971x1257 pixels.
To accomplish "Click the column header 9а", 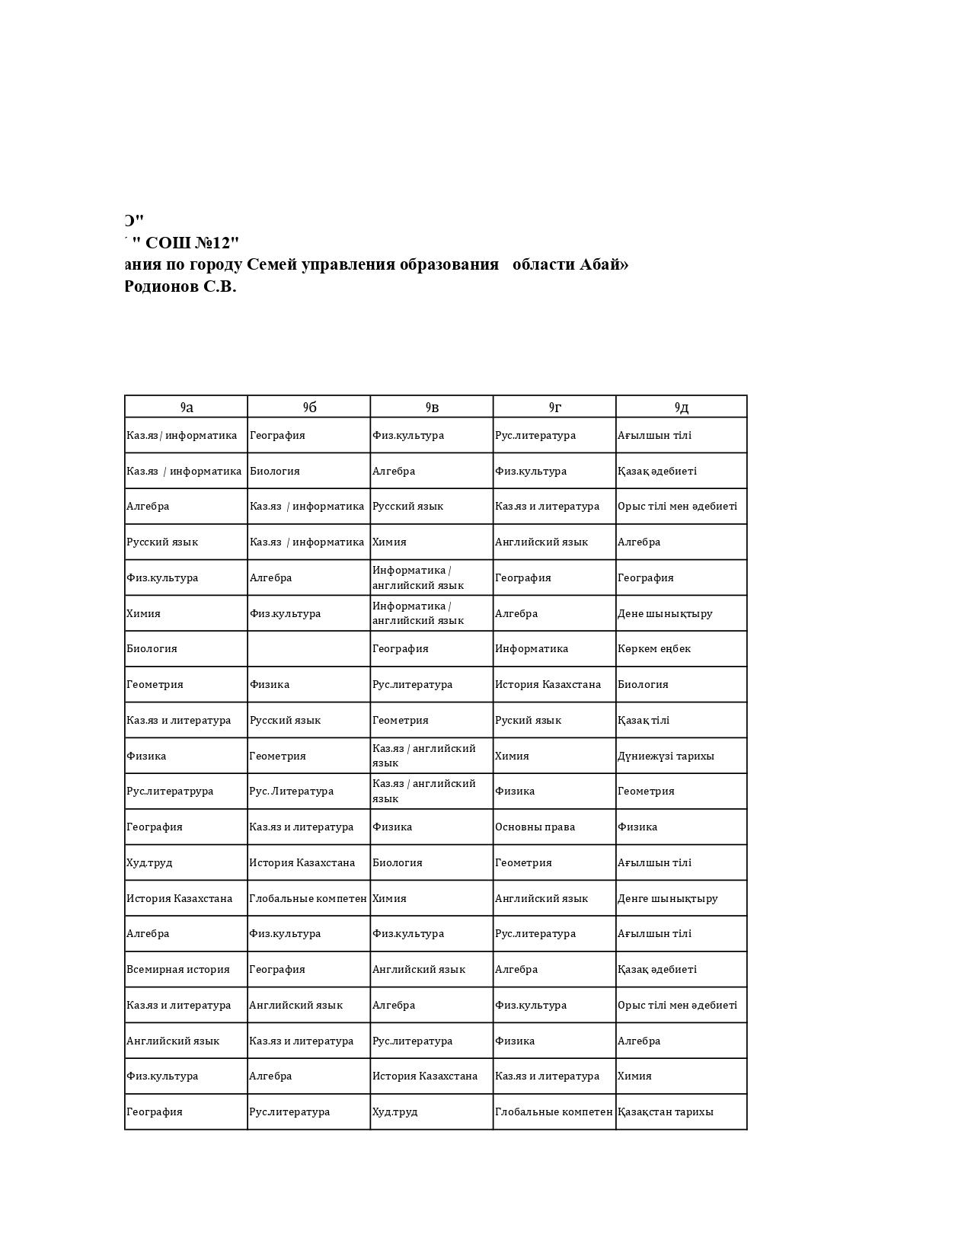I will point(187,407).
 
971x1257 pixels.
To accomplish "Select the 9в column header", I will point(432,407).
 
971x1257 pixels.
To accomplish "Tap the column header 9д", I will point(681,407).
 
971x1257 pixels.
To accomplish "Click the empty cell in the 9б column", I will point(308,648).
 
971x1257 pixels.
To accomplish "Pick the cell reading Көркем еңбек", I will point(654,648).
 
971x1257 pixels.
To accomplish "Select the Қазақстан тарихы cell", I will point(666,1111).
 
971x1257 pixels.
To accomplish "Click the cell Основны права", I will point(535,827).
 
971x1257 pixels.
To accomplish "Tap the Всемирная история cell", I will point(178,969).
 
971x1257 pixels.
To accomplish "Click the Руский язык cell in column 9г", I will point(528,720).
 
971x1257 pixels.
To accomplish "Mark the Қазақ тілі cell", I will point(644,720).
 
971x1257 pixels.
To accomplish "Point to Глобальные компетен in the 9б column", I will point(308,898).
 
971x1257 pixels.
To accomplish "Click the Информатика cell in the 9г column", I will point(532,648).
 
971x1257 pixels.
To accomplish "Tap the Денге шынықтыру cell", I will point(668,898).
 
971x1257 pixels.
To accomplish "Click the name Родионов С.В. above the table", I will point(180,286).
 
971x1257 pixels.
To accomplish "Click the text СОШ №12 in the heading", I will point(192,243).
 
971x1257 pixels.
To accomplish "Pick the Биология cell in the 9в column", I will point(397,862).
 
